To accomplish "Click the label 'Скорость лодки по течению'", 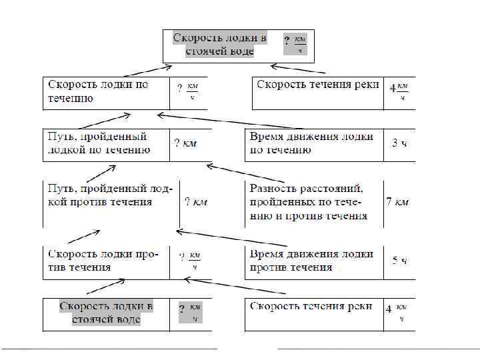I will click(97, 91).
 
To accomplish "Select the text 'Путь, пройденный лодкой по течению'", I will click(97, 143).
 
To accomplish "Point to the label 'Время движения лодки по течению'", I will click(311, 143).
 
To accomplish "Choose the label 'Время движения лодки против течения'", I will click(311, 261).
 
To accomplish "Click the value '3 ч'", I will click(399, 143).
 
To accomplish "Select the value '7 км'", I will click(397, 201).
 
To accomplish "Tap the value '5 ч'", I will click(399, 261).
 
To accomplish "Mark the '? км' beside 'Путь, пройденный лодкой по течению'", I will click(185, 143).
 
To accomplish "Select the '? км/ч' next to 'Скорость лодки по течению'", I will click(188, 91).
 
